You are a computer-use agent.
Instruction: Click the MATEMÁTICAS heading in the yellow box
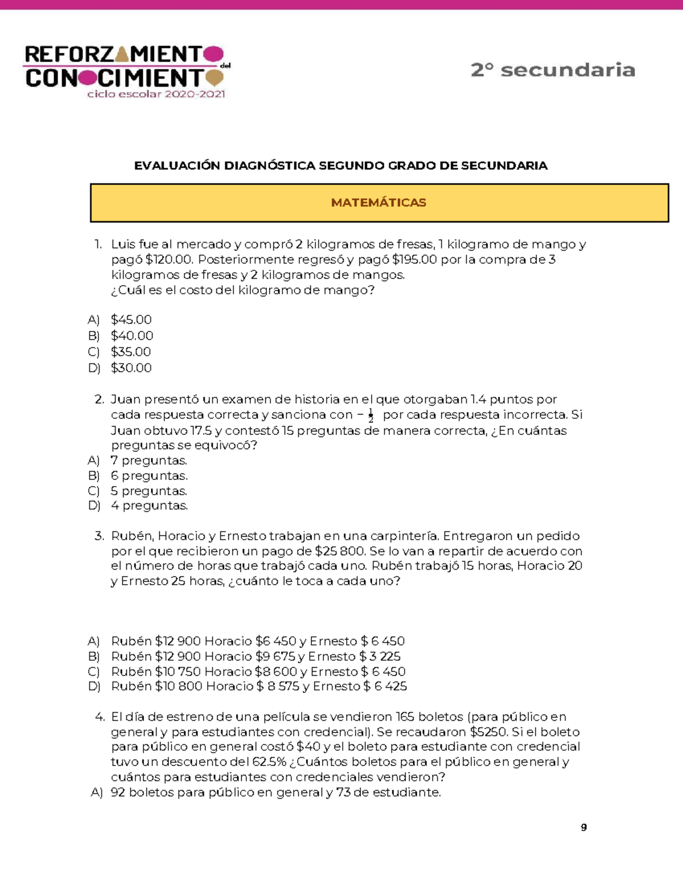pyautogui.click(x=378, y=203)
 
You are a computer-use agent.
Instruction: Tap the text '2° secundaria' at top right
pyautogui.click(x=553, y=70)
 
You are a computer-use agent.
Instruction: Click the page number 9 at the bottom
pyautogui.click(x=583, y=828)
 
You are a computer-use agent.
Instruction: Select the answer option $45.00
pyautogui.click(x=131, y=319)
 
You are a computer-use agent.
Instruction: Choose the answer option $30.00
pyautogui.click(x=131, y=368)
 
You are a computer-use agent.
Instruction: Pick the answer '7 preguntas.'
pyautogui.click(x=149, y=460)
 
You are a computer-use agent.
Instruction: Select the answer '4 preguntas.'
pyautogui.click(x=149, y=505)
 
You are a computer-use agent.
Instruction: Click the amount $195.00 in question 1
pyautogui.click(x=414, y=260)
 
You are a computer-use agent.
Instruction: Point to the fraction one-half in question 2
pyautogui.click(x=371, y=416)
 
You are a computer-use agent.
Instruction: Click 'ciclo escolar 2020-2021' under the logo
pyautogui.click(x=156, y=94)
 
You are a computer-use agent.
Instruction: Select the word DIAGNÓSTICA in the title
pyautogui.click(x=269, y=166)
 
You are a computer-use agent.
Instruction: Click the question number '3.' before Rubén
pyautogui.click(x=100, y=536)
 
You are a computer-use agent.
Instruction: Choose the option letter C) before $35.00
pyautogui.click(x=94, y=352)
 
